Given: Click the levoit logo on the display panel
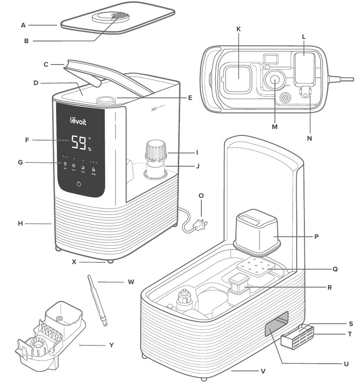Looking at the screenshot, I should coord(78,121).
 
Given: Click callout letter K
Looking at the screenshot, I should coord(239,29).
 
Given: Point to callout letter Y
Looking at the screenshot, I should coord(112,345).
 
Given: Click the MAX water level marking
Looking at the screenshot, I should coord(154,109).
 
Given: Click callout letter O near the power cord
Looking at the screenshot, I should coord(201,195).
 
